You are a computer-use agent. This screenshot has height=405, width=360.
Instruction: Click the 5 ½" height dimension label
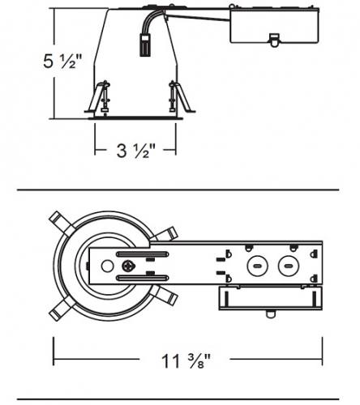[x=62, y=61]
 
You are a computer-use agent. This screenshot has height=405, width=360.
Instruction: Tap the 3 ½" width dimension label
[x=136, y=150]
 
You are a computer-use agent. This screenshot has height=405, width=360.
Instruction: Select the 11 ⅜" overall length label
[x=186, y=360]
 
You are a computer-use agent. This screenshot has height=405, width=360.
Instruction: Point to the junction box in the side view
[x=274, y=26]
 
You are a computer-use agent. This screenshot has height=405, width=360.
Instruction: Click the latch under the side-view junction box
[x=274, y=40]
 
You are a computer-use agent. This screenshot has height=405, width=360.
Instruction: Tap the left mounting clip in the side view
[x=98, y=96]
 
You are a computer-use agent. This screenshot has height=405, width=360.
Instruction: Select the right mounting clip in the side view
[x=181, y=96]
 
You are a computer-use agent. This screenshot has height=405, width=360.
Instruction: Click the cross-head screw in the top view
[x=128, y=266]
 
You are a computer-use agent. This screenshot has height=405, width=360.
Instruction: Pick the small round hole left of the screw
[x=107, y=266]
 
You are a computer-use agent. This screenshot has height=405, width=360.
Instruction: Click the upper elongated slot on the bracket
[x=143, y=254]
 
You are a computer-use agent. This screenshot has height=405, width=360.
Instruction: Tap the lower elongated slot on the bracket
[x=143, y=278]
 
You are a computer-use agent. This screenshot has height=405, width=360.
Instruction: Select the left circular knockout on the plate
[x=257, y=266]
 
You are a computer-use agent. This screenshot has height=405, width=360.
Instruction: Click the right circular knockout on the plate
[x=289, y=266]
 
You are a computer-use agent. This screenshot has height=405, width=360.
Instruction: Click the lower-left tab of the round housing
[x=61, y=309]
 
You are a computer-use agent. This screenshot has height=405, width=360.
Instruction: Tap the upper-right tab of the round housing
[x=165, y=234]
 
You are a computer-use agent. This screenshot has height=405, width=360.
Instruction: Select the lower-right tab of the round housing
[x=165, y=296]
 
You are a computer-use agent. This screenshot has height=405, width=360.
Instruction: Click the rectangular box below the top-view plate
[x=271, y=298]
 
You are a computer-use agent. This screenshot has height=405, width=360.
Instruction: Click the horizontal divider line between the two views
[x=178, y=190]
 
